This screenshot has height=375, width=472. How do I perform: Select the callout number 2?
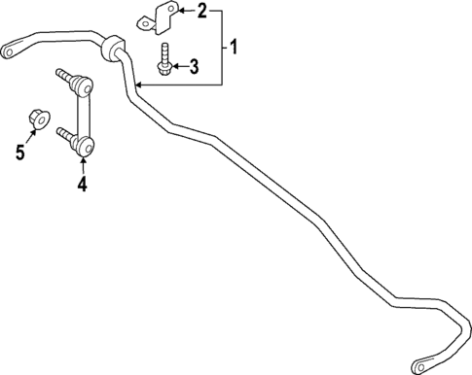202,12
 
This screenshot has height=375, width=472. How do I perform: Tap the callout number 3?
194,66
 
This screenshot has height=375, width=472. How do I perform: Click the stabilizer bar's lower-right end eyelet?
423,365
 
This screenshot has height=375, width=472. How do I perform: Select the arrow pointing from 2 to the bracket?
186,13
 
